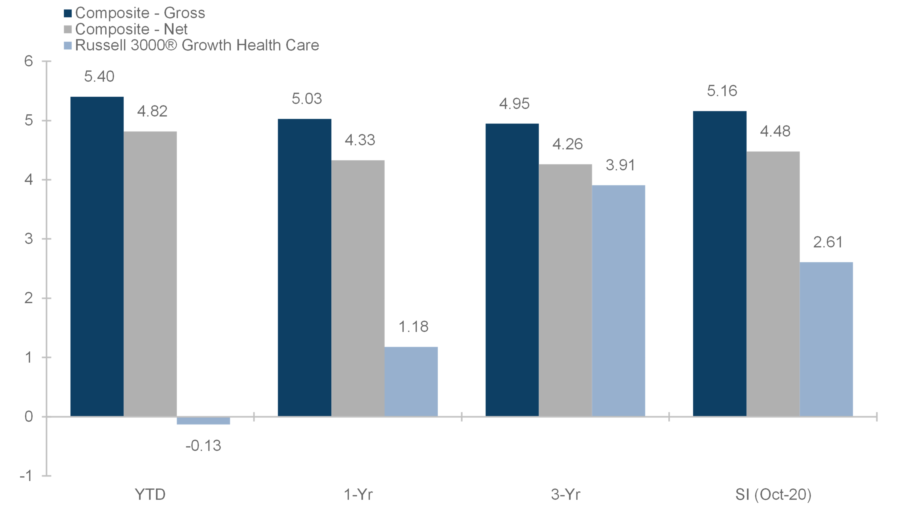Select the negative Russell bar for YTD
click(x=203, y=421)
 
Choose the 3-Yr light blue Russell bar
click(x=618, y=301)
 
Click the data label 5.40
click(x=99, y=76)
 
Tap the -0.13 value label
click(x=203, y=446)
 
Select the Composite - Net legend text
click(x=131, y=29)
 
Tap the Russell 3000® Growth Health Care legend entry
click(x=191, y=45)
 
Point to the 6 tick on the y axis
click(x=29, y=61)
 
